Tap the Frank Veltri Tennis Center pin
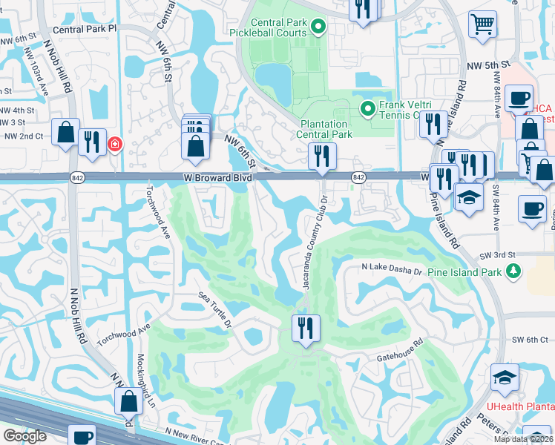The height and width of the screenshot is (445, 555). click(367, 110)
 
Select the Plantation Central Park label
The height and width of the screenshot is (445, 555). click(325, 129)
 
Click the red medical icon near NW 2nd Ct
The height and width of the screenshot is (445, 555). click(115, 144)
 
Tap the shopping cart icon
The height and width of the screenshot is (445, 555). click(482, 24)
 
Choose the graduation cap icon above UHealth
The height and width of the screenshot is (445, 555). click(505, 378)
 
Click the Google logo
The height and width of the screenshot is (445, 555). click(24, 435)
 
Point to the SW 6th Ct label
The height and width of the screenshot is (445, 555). click(529, 340)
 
